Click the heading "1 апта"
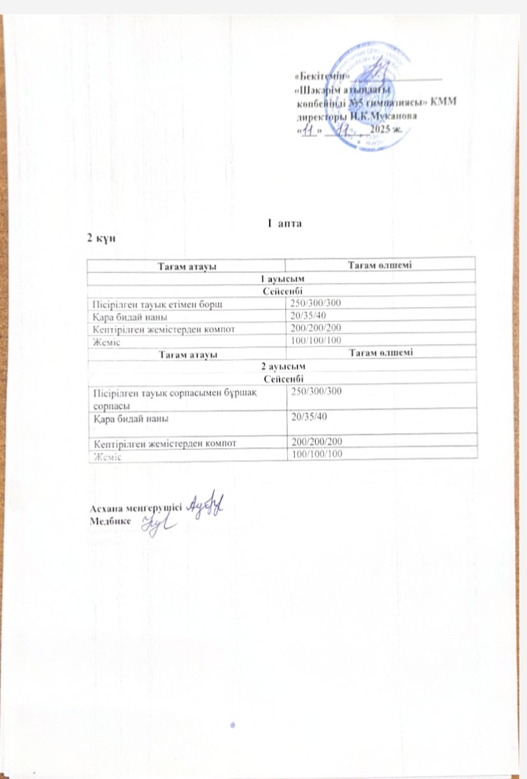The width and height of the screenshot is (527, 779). coord(282,224)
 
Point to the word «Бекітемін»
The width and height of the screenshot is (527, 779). coord(321,76)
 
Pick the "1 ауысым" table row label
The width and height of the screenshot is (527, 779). coord(281,280)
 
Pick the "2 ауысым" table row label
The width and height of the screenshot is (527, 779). coord(281,368)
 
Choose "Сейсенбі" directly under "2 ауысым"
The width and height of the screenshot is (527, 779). coord(281,378)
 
